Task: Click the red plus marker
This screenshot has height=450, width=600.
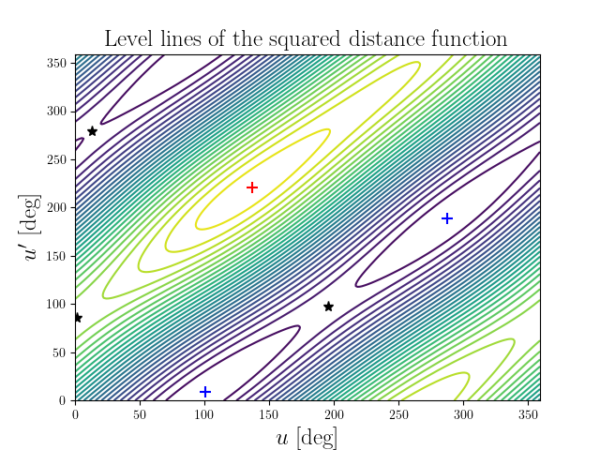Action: [252, 187]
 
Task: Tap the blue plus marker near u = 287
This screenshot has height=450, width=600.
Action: [447, 218]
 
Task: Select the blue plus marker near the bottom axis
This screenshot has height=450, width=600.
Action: [205, 391]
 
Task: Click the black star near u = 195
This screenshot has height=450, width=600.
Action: [328, 307]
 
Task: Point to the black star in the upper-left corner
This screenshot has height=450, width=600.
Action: [92, 131]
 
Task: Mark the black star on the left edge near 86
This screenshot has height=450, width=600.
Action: [77, 318]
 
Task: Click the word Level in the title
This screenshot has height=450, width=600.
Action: [127, 39]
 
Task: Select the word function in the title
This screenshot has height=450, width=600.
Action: [472, 39]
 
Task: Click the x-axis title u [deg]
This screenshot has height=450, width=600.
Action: [307, 437]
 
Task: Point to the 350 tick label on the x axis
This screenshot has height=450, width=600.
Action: [527, 412]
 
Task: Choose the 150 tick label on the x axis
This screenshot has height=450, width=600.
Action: [269, 412]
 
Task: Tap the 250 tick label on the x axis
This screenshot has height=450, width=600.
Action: [398, 412]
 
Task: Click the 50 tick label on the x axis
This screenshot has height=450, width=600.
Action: [140, 412]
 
